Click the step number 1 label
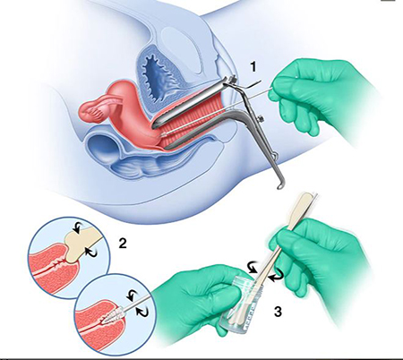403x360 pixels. click(253, 67)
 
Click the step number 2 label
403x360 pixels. click(123, 244)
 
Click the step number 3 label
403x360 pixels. click(278, 312)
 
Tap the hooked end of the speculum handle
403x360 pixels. click(279, 186)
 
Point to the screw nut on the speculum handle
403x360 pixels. click(262, 118)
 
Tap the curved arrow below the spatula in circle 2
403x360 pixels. click(90, 252)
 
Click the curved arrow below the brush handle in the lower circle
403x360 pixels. click(142, 311)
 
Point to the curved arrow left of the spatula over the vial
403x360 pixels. click(253, 267)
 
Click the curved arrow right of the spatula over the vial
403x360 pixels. click(277, 274)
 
